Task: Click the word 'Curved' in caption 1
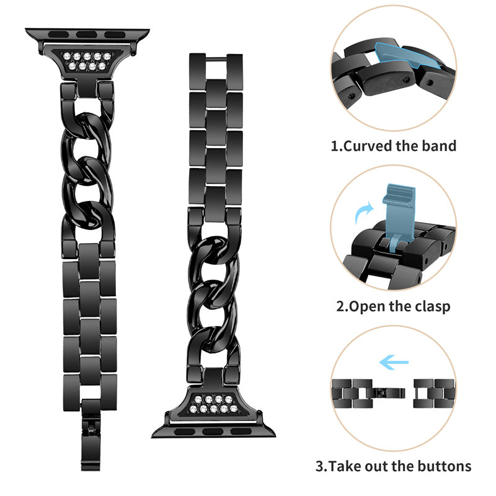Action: point(371,146)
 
